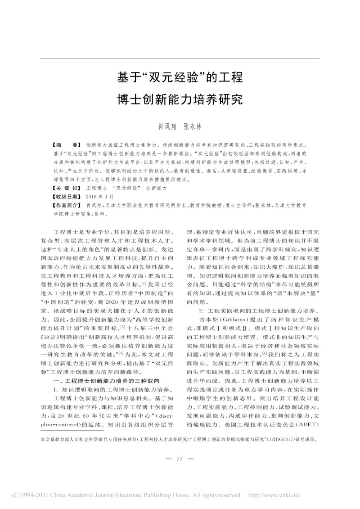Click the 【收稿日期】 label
(x=68, y=196)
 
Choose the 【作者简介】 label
(x=68, y=205)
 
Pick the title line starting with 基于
(x=180, y=77)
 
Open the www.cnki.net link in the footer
(x=327, y=495)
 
